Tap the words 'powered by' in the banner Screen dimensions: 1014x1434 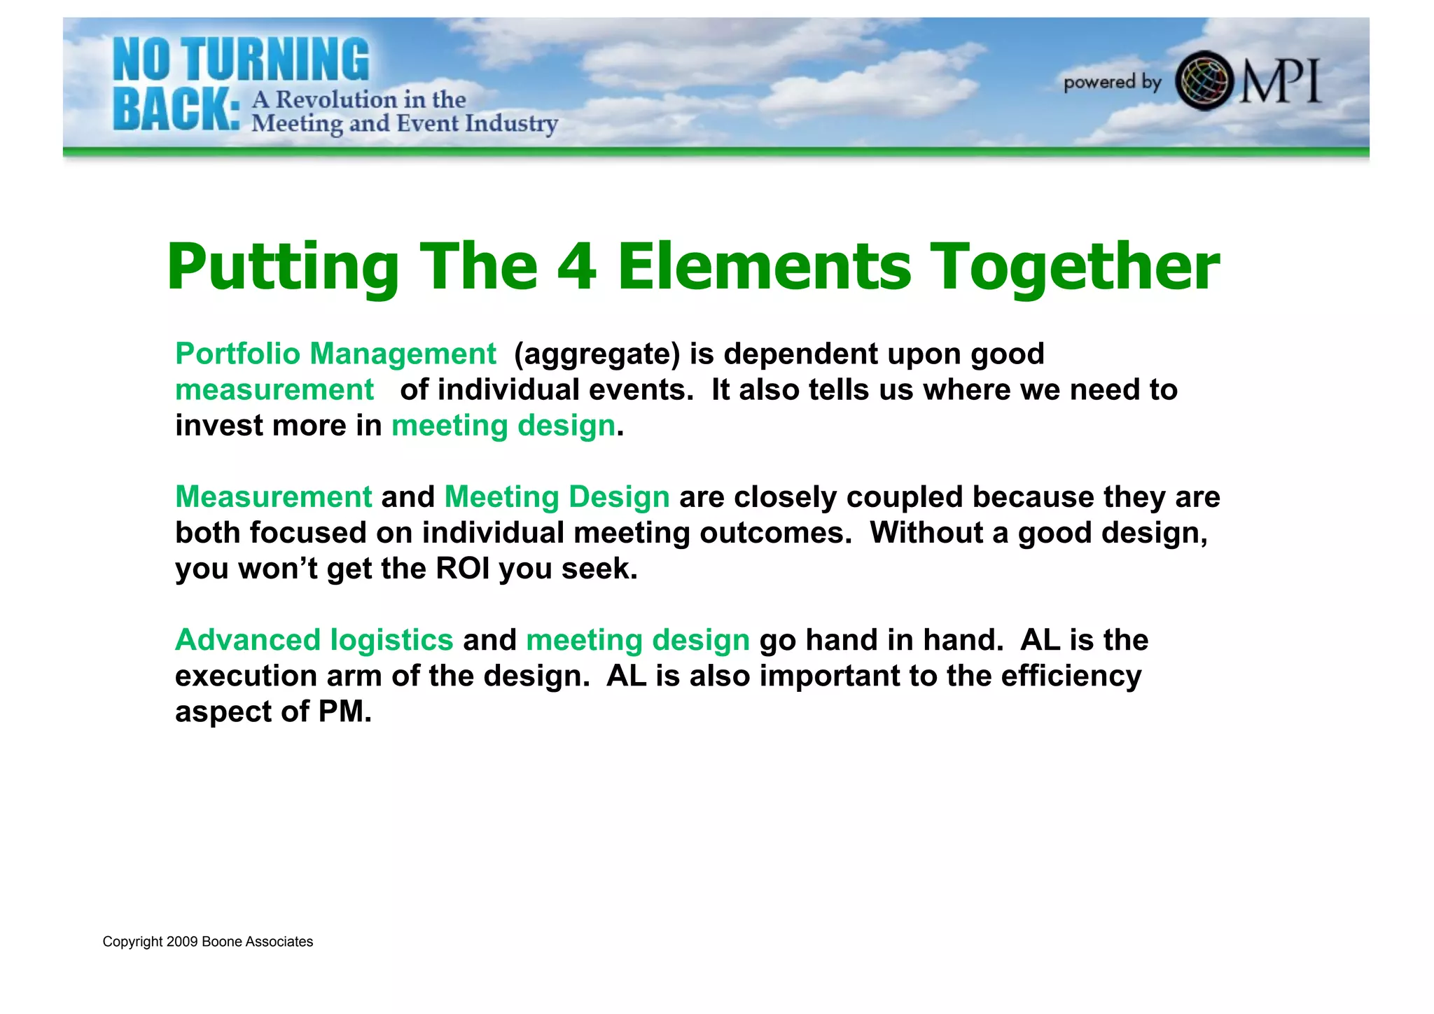point(1112,83)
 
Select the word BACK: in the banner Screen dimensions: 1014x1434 point(176,111)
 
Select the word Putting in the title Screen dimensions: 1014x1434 point(282,266)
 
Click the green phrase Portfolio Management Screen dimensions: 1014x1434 point(335,354)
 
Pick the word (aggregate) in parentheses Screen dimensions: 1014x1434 point(597,354)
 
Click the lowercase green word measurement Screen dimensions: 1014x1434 point(274,390)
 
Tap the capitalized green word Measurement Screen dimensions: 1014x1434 point(274,497)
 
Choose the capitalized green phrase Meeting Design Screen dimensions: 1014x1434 point(557,497)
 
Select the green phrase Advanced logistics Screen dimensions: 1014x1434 point(314,640)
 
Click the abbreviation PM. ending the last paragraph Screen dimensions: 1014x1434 point(344,711)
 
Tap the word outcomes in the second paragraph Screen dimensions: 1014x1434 point(775,533)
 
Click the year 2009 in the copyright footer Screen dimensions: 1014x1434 point(181,942)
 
